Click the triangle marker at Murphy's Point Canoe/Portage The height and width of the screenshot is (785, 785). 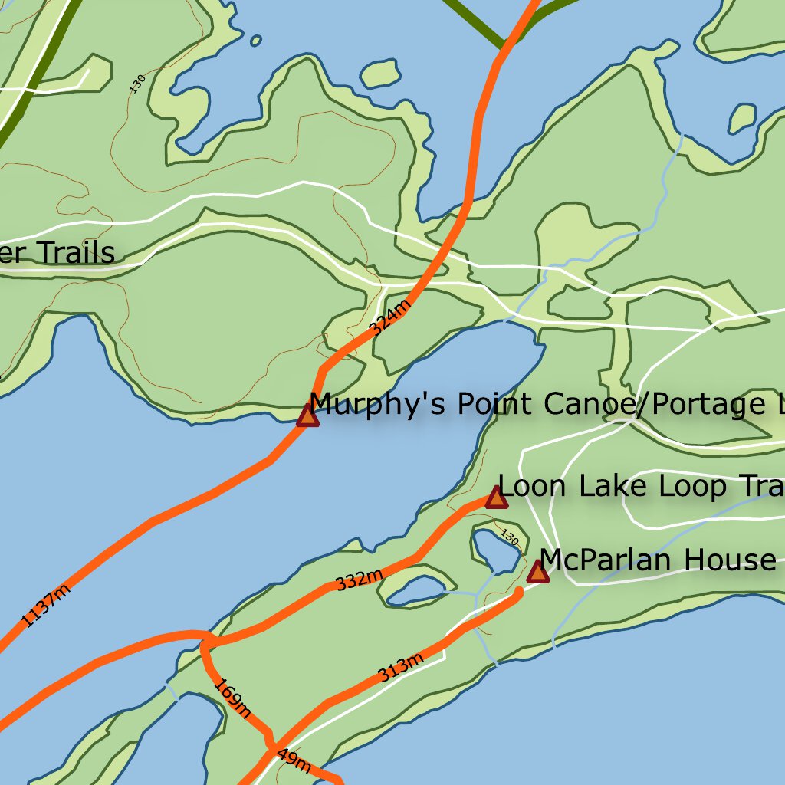click(307, 416)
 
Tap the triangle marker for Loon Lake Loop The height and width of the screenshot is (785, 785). click(497, 498)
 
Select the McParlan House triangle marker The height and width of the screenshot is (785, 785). click(538, 572)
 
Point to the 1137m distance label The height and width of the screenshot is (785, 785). click(47, 606)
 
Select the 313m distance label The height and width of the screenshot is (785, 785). click(400, 668)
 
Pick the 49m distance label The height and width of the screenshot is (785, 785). click(294, 761)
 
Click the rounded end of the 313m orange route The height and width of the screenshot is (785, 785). click(519, 591)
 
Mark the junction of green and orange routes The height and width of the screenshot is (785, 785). click(507, 44)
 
